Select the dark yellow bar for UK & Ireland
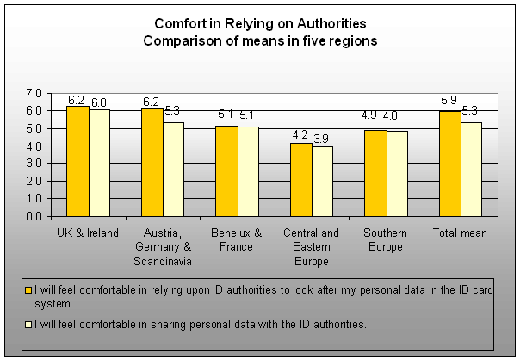tap(77, 161)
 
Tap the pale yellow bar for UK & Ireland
tap(100, 163)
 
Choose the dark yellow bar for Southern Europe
tap(375, 173)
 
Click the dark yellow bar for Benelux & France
tap(226, 171)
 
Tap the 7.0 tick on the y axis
tap(34, 93)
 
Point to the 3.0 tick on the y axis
tap(34, 164)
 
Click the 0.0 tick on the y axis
tap(34, 216)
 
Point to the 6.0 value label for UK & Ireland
tap(100, 102)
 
